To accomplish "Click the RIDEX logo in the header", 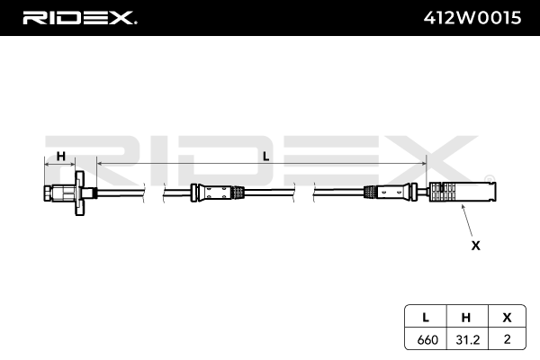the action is coord(80,18).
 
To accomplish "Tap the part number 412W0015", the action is coord(472,18).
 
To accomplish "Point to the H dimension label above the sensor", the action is coord(61,157).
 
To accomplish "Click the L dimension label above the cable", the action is coord(265,157).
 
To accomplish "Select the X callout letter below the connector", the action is coord(475,246).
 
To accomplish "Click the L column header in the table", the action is coord(426,318).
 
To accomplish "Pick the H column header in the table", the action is coord(466,318).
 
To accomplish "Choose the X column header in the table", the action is coord(507,318).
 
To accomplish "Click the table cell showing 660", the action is coord(427,339).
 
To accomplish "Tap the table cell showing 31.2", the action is coord(468,339).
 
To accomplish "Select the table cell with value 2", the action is coord(507,339).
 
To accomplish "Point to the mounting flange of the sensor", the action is coord(80,193).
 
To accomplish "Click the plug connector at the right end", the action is coord(463,192).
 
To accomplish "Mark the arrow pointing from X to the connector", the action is coord(467,220).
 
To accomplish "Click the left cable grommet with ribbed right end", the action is coord(218,193).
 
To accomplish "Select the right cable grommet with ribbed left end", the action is coord(391,193).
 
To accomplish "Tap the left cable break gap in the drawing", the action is coord(154,193).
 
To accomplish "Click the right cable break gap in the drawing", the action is coord(304,193).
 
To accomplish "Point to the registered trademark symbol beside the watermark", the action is coord(490,179).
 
